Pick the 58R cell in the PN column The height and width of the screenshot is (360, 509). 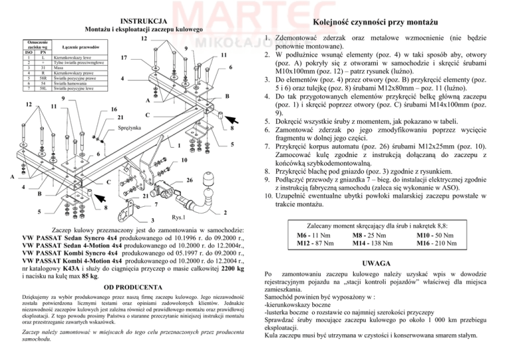point(41,78)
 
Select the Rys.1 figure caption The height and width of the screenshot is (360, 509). point(178,217)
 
